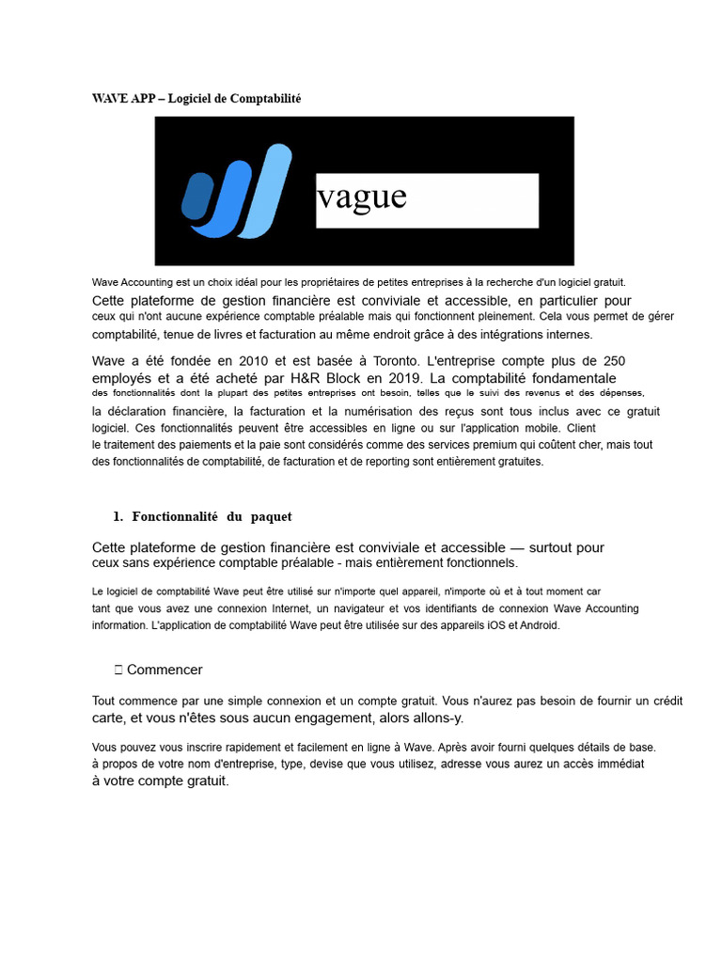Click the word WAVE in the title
tap(108, 99)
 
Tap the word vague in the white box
tap(362, 197)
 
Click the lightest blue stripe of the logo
tap(265, 190)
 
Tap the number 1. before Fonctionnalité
tap(118, 516)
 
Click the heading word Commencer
tap(165, 670)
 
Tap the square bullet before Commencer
tap(118, 670)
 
